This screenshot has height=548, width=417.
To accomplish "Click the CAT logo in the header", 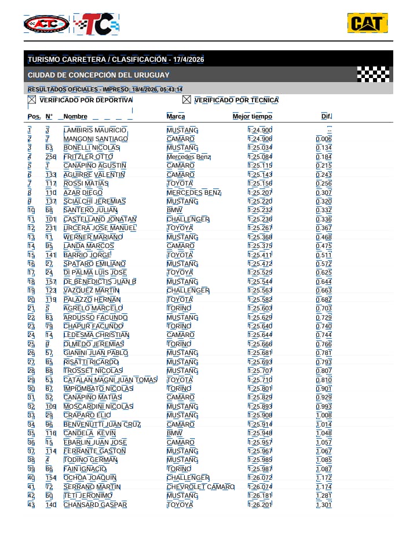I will [367, 23].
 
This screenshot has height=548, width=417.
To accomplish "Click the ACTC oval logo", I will [46, 24].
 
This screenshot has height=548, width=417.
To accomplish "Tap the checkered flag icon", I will [373, 74].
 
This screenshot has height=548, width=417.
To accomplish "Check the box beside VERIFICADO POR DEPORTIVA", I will [32, 100].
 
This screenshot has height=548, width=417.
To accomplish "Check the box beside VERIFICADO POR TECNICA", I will [186, 100].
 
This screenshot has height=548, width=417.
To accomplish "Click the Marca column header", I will [176, 117].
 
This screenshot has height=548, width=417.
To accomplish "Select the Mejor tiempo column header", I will [253, 117].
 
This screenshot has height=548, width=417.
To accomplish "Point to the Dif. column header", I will [327, 117].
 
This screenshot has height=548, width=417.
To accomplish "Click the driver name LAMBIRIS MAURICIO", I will [95, 130].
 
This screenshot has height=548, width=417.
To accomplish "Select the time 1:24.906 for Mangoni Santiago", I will [260, 139].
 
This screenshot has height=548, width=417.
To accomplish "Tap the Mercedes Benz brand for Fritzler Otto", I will [189, 157].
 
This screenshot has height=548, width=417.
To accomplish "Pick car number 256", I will [51, 157].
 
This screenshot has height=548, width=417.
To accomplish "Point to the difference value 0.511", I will [324, 255].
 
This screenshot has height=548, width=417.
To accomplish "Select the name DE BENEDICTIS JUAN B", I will [100, 282].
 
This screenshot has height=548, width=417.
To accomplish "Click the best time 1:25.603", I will [260, 308].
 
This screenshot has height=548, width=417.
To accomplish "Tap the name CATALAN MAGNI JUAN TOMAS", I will [110, 380].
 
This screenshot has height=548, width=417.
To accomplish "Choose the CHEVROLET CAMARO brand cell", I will [200, 487].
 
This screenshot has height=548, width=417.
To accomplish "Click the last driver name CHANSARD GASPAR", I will [95, 505].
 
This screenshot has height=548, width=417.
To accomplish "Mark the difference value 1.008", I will [324, 415].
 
